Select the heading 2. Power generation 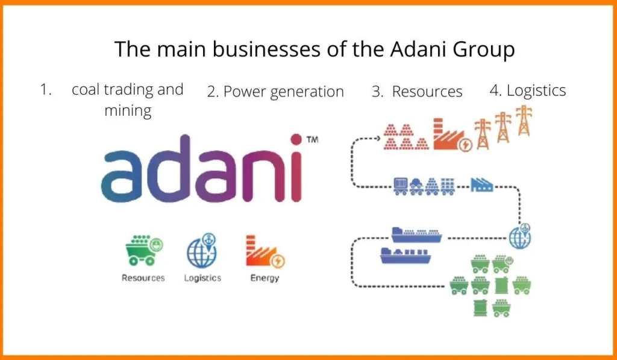(275, 92)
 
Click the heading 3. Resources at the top (417, 92)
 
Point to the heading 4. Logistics (528, 90)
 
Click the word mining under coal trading (128, 111)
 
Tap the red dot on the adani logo (296, 139)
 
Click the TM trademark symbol (312, 139)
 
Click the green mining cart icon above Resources (144, 250)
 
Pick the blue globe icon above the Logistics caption (202, 250)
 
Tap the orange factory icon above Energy (265, 251)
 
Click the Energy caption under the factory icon (265, 279)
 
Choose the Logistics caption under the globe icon (202, 279)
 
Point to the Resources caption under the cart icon (143, 278)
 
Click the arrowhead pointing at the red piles (378, 138)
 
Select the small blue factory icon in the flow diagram (481, 185)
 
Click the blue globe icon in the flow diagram (520, 236)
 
